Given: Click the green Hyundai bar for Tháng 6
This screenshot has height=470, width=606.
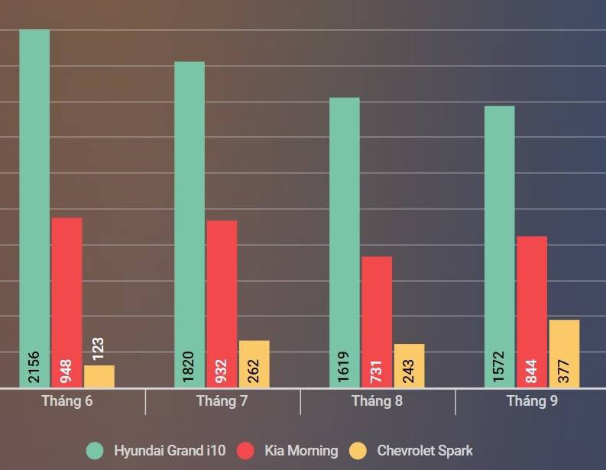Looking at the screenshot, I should coord(34,191).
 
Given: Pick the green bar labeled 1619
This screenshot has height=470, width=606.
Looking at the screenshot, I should coord(345,229).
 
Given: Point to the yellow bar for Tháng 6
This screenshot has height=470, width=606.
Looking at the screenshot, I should coord(99,377).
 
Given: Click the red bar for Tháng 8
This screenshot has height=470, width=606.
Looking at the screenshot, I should coord(377,306).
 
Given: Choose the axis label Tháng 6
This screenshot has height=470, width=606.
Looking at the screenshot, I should coord(67,401).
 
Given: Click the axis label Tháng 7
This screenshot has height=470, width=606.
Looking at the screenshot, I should coord(222,401).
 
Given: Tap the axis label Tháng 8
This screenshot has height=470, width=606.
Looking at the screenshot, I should coord(377,401).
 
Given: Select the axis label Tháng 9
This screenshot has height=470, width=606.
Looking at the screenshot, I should coord(532,401).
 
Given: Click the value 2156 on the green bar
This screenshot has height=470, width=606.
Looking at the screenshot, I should coord(34,368).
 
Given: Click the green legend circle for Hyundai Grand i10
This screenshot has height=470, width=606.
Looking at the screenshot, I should coord(96,451).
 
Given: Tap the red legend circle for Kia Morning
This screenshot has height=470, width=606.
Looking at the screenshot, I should coord(246,451).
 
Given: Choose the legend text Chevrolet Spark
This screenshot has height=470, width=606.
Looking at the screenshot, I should coord(425,451).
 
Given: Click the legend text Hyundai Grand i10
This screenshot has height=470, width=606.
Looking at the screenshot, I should coord(170,451).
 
